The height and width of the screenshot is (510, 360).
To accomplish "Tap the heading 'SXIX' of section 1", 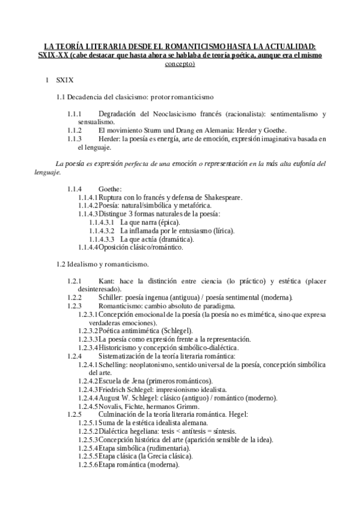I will pos(64,79).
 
